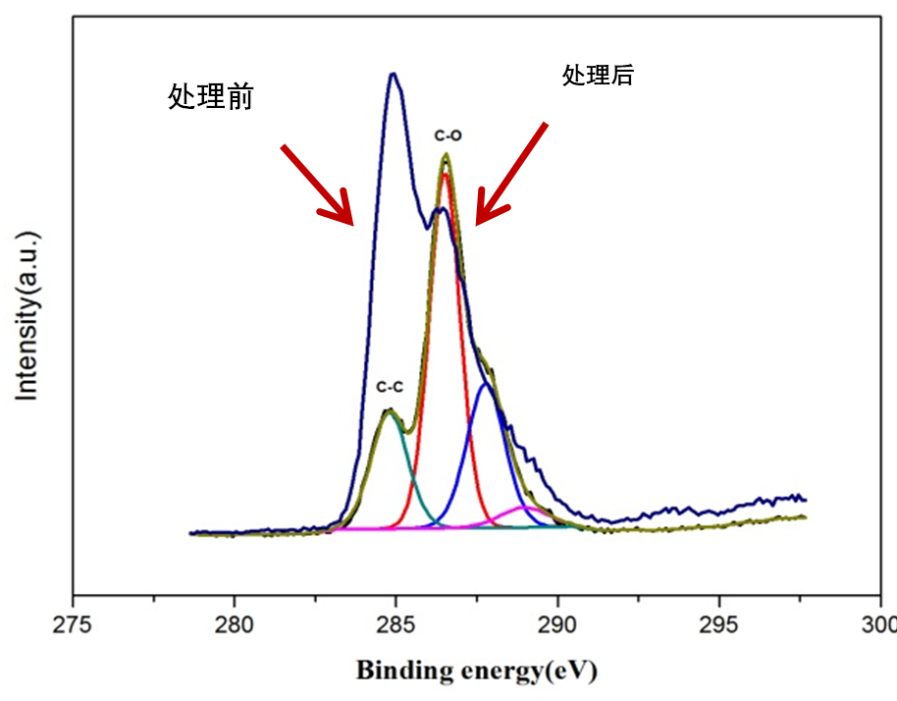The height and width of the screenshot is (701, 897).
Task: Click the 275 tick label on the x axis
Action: [x=72, y=623]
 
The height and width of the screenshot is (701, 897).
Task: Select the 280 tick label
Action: [x=235, y=623]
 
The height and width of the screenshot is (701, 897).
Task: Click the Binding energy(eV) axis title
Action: [x=476, y=672]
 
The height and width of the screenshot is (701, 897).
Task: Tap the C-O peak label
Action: [x=448, y=135]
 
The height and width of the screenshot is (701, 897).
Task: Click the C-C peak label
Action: [x=390, y=387]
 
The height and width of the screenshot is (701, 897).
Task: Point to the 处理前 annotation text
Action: [x=211, y=96]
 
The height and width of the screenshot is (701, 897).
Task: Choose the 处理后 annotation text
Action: [x=598, y=76]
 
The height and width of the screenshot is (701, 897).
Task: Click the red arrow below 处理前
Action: [x=316, y=183]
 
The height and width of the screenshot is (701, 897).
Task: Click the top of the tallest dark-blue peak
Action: [x=393, y=74]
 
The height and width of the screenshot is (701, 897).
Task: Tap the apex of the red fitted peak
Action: [x=446, y=175]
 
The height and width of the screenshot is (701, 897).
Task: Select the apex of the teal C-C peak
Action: [x=390, y=412]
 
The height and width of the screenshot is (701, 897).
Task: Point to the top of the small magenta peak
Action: [x=521, y=508]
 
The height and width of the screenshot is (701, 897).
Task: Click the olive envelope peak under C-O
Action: [x=446, y=155]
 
